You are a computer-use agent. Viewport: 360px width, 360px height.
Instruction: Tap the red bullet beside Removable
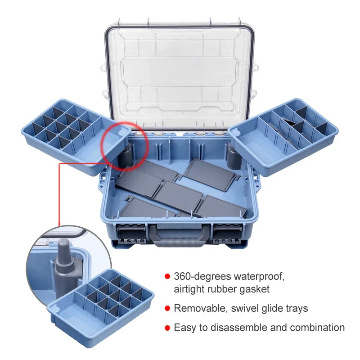[x=167, y=308]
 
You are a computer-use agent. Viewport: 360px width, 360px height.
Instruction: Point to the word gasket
[x=254, y=289]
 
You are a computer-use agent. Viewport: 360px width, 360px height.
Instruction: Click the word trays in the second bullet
[x=295, y=308]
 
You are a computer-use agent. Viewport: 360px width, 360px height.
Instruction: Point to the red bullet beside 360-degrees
[x=167, y=276]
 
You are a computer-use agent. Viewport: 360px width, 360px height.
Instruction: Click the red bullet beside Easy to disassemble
[x=167, y=328]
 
